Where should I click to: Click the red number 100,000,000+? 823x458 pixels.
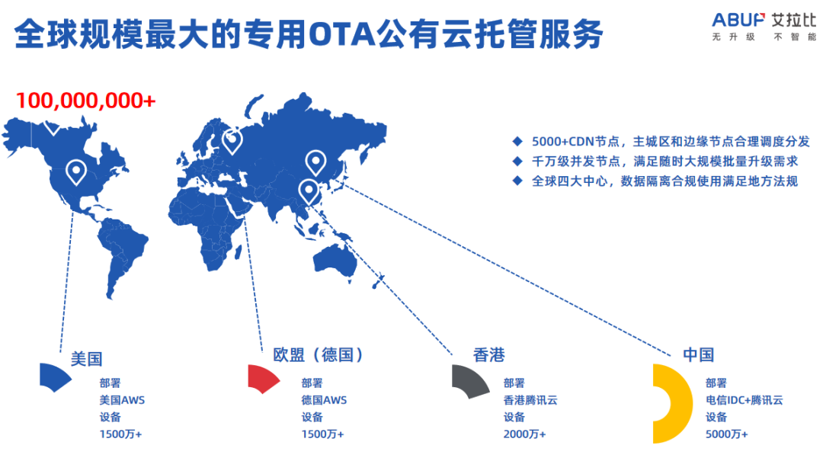(x=85, y=100)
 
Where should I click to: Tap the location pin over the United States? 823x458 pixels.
(x=75, y=171)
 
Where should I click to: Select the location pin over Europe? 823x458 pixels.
(x=232, y=140)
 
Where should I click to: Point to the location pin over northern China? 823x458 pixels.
(x=315, y=162)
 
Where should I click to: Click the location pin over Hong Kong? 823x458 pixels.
(x=308, y=190)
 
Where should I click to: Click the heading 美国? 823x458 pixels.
(x=86, y=357)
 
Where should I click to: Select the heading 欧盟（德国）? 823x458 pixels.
(x=319, y=354)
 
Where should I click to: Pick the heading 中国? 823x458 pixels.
(x=698, y=354)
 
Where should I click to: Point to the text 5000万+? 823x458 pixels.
(x=726, y=434)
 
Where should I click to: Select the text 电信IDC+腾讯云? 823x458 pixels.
(x=744, y=399)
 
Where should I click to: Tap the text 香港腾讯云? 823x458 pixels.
(x=530, y=399)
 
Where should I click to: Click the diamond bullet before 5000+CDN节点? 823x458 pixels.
(x=517, y=142)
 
